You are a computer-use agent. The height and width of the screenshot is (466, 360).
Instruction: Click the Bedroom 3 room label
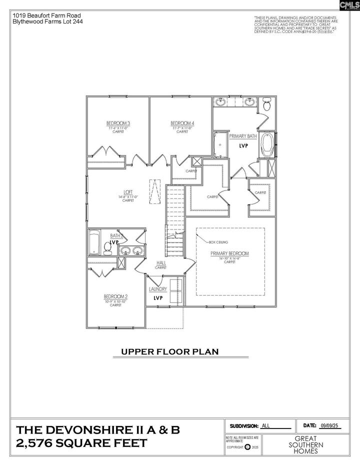coord(118,123)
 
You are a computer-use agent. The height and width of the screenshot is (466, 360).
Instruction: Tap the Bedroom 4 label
coord(182,123)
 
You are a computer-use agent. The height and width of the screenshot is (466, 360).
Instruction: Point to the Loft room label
coord(128,192)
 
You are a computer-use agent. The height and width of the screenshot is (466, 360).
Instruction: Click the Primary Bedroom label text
coord(229,253)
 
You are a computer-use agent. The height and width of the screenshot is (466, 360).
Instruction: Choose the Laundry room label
coord(158,289)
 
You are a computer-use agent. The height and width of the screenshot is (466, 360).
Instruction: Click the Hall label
coord(160,263)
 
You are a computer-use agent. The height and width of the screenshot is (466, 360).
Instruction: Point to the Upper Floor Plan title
coord(170,351)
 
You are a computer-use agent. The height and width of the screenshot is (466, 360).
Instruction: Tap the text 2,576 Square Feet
coord(82,443)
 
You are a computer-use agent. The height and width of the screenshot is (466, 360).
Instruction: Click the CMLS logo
coord(349,6)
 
